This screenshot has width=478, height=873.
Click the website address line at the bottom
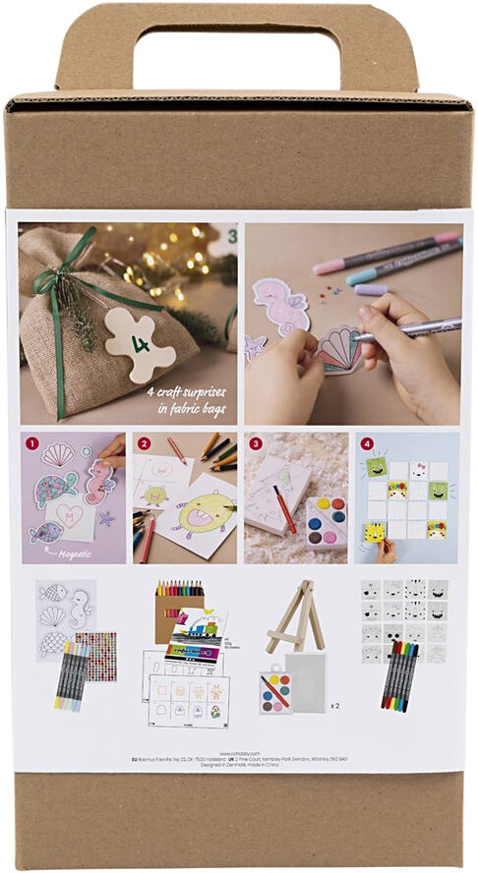(x=239, y=751)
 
